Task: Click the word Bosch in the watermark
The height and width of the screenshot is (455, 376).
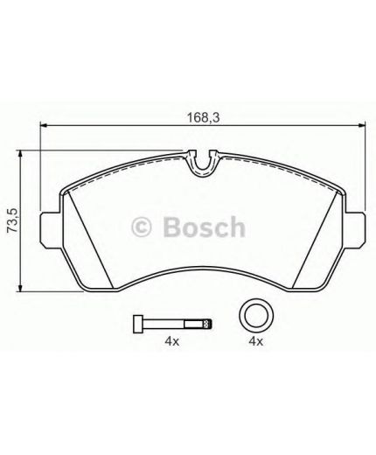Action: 200,228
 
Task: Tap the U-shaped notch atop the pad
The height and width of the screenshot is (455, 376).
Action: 203,163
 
